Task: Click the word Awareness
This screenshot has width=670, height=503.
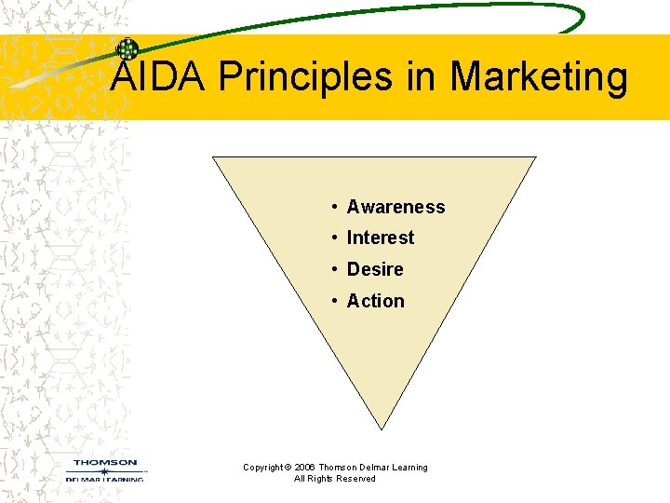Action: point(395,207)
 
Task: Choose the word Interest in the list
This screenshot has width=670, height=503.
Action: point(380,238)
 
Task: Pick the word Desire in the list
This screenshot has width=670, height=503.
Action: point(375,269)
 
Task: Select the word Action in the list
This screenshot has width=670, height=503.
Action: point(375,301)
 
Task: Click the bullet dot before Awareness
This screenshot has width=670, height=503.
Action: point(333,207)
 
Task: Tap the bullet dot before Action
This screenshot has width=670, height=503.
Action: point(333,301)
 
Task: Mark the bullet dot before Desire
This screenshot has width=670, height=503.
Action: point(333,269)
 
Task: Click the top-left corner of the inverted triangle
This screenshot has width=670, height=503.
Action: point(215,157)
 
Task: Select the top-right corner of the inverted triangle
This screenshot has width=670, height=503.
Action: point(535,157)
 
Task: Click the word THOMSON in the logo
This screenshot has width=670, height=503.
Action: point(105,462)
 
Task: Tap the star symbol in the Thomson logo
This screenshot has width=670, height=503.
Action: point(104,471)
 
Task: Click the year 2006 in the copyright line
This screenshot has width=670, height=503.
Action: point(305,468)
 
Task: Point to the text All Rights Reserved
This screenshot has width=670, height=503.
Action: point(335,479)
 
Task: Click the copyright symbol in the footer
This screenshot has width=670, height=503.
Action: point(288,468)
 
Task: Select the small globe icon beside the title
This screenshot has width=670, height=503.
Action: point(127,49)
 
